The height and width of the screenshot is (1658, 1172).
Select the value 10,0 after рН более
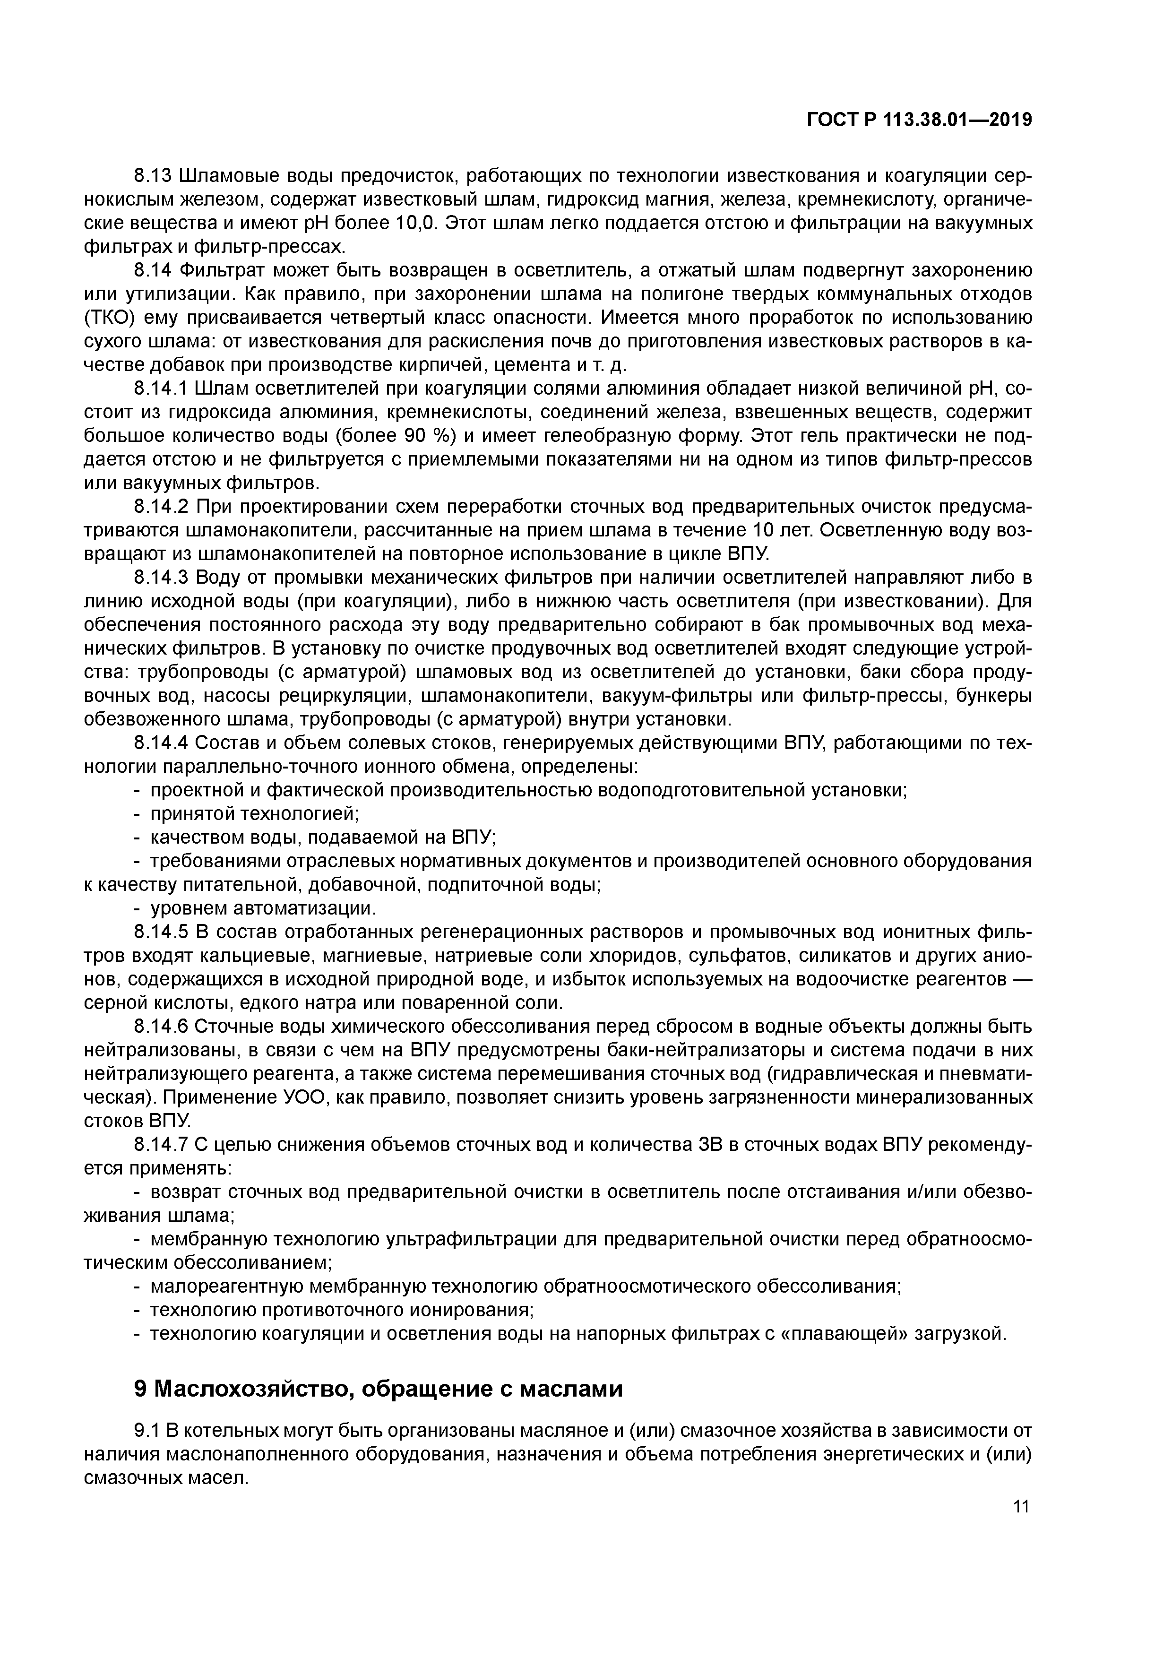(417, 224)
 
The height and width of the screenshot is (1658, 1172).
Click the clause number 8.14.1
(160, 389)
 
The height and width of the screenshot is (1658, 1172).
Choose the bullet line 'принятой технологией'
(254, 814)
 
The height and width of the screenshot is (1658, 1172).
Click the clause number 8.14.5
(160, 932)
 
